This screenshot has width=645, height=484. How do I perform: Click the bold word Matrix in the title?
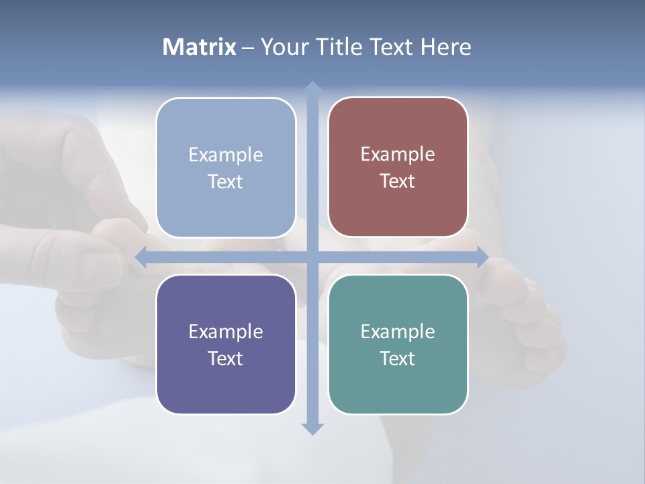[x=200, y=47]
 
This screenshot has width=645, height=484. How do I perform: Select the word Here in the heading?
[x=445, y=47]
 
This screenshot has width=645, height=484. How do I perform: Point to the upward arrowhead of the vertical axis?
[x=312, y=87]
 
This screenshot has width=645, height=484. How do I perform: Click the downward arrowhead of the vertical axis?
[x=312, y=429]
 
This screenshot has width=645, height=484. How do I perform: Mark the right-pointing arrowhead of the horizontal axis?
[x=482, y=257]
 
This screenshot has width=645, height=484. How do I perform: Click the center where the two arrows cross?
[x=312, y=257]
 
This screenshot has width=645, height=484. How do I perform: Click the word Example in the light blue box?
[x=226, y=155]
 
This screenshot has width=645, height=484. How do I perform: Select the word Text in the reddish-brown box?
[x=398, y=182]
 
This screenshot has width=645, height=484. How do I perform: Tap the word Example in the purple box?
[x=226, y=331]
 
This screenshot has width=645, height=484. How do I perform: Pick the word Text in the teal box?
[x=398, y=358]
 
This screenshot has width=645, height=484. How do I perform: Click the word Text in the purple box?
[x=226, y=358]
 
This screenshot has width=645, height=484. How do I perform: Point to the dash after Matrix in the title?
[x=248, y=48]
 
